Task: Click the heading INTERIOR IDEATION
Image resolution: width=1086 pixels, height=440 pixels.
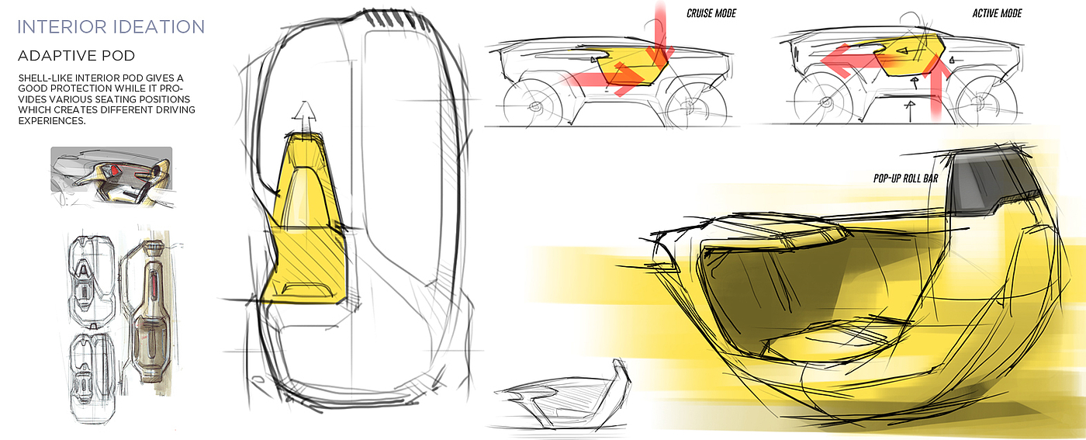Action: pyautogui.click(x=111, y=27)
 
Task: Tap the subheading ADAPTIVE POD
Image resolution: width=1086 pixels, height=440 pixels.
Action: pyautogui.click(x=76, y=57)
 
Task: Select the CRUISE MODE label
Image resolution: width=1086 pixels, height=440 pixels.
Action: pyautogui.click(x=711, y=14)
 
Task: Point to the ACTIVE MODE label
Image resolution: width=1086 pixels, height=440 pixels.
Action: pyautogui.click(x=997, y=14)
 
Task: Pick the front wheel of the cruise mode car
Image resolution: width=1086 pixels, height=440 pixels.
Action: pyautogui.click(x=531, y=104)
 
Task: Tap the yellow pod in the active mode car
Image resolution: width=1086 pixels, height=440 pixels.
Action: pyautogui.click(x=908, y=61)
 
